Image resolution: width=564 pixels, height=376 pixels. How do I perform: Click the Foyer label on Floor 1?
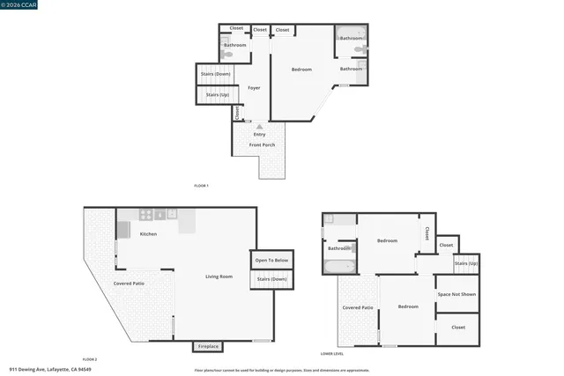click(x=254, y=88)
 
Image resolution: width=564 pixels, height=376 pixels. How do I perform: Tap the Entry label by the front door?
click(x=259, y=134)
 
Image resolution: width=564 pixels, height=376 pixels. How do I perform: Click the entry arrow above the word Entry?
click(x=259, y=127)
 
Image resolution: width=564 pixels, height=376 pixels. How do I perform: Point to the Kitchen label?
click(x=148, y=234)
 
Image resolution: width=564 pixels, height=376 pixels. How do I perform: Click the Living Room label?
click(x=219, y=276)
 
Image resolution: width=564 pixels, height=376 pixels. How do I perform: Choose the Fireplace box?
click(x=208, y=346)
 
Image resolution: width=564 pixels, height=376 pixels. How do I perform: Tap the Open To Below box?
click(x=271, y=261)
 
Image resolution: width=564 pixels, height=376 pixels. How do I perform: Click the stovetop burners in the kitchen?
click(x=146, y=214)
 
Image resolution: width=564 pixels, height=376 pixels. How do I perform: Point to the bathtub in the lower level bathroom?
click(x=340, y=266)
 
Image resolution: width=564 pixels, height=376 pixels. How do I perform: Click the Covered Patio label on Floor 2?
click(x=129, y=284)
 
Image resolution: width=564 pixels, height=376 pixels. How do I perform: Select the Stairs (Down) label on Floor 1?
click(x=216, y=74)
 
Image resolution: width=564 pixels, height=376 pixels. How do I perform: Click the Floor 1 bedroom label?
click(x=302, y=70)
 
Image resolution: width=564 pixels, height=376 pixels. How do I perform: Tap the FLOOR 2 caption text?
click(x=90, y=359)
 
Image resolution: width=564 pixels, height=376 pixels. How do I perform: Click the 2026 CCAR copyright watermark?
click(x=19, y=5)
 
